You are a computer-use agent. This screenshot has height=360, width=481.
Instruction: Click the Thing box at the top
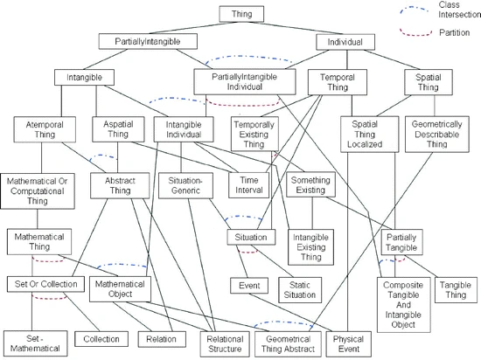tap(241, 14)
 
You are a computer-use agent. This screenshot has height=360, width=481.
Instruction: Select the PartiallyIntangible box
tap(148, 41)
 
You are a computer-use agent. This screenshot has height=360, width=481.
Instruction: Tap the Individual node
tap(345, 42)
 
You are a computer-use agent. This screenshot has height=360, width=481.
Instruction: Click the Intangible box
tap(84, 77)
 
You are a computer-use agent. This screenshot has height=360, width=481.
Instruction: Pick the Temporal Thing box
tap(338, 82)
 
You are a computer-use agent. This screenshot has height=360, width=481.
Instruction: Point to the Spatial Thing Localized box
tap(370, 134)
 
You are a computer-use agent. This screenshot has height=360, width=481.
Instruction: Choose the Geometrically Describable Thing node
tap(437, 134)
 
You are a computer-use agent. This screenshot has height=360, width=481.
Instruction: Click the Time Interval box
tap(248, 185)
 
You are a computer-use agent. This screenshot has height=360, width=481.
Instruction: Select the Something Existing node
tap(310, 184)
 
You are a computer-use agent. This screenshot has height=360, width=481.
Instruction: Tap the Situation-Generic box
tap(185, 185)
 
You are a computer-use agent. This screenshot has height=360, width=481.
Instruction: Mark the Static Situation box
tap(300, 290)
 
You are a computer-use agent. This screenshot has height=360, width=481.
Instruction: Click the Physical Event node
tap(348, 343)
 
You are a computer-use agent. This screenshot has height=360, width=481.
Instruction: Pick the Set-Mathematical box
tap(35, 343)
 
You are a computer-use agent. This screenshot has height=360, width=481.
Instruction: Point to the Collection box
tap(101, 339)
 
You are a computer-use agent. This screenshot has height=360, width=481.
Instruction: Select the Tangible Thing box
tap(456, 290)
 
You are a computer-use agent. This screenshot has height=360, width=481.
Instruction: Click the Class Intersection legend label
tap(459, 10)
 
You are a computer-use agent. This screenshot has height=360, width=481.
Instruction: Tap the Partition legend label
tap(454, 32)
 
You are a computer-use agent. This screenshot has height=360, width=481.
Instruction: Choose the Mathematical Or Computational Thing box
tap(38, 191)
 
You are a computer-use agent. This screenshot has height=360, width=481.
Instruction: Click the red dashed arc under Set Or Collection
tap(49, 297)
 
